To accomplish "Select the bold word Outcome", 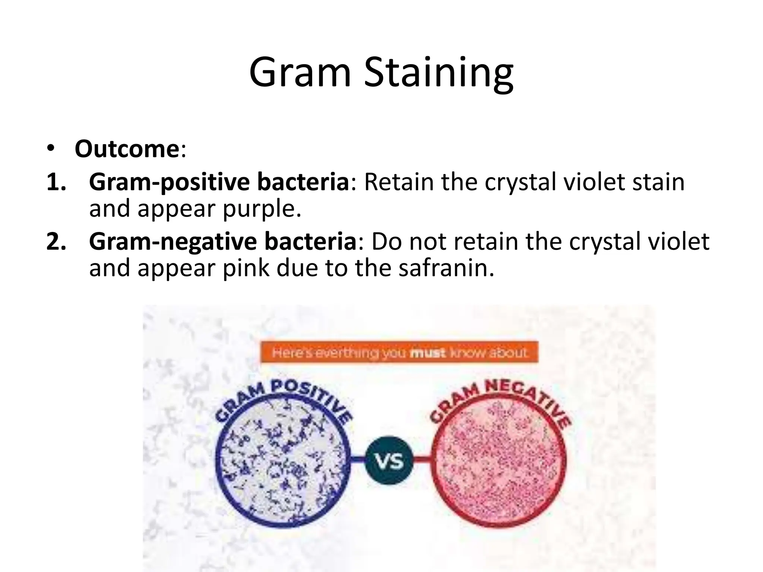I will click(127, 149).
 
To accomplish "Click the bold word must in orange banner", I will click(427, 353).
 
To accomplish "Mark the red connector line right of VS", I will click(422, 460).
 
